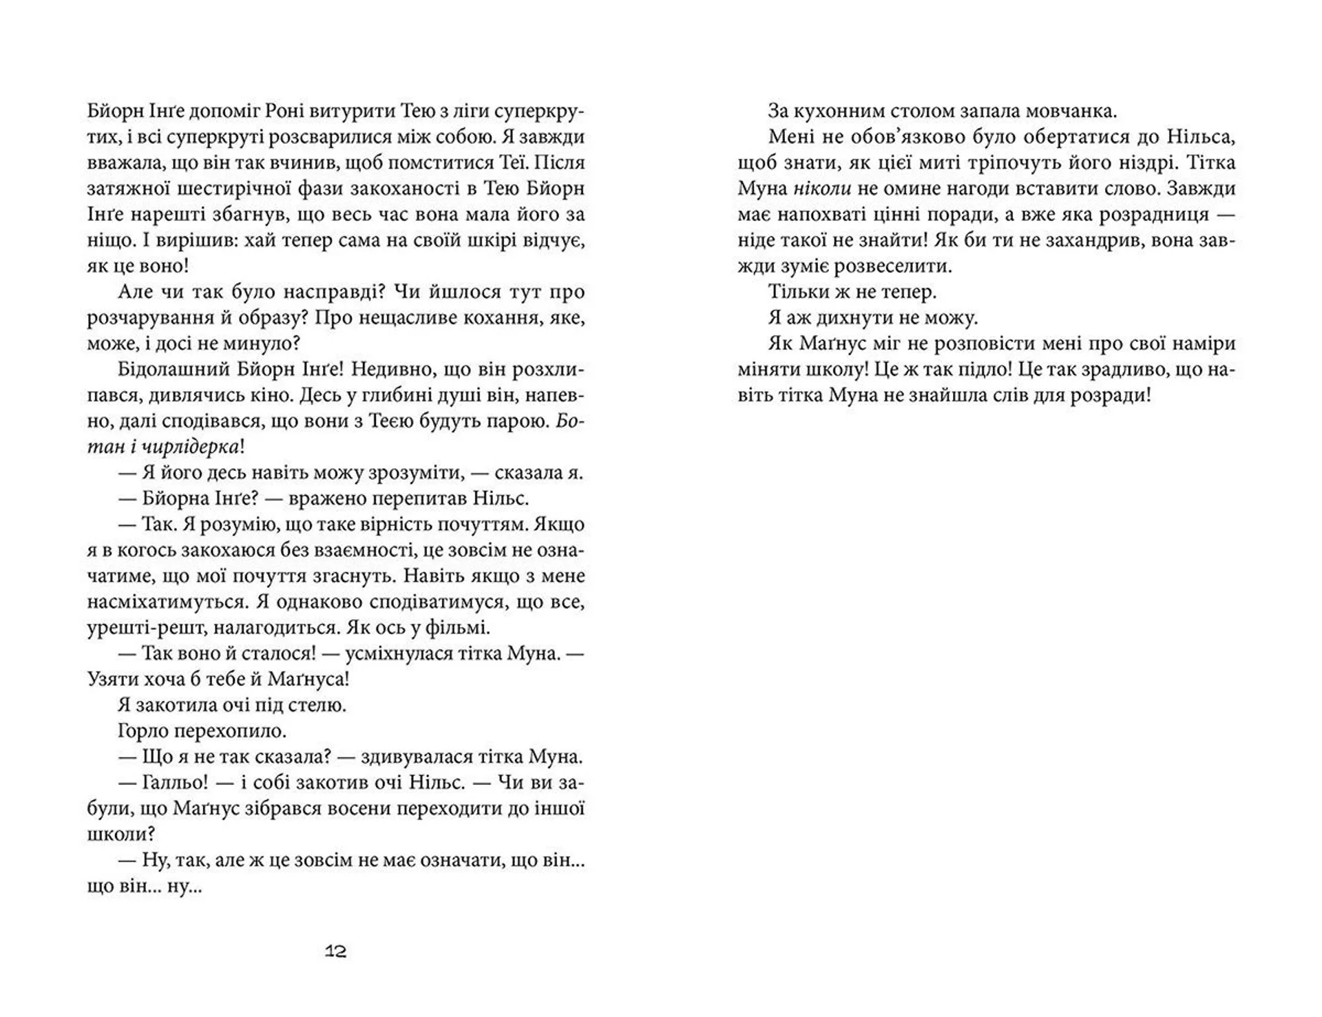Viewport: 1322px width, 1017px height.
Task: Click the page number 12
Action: [x=335, y=952]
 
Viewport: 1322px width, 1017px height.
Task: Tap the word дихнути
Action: [x=853, y=318]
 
